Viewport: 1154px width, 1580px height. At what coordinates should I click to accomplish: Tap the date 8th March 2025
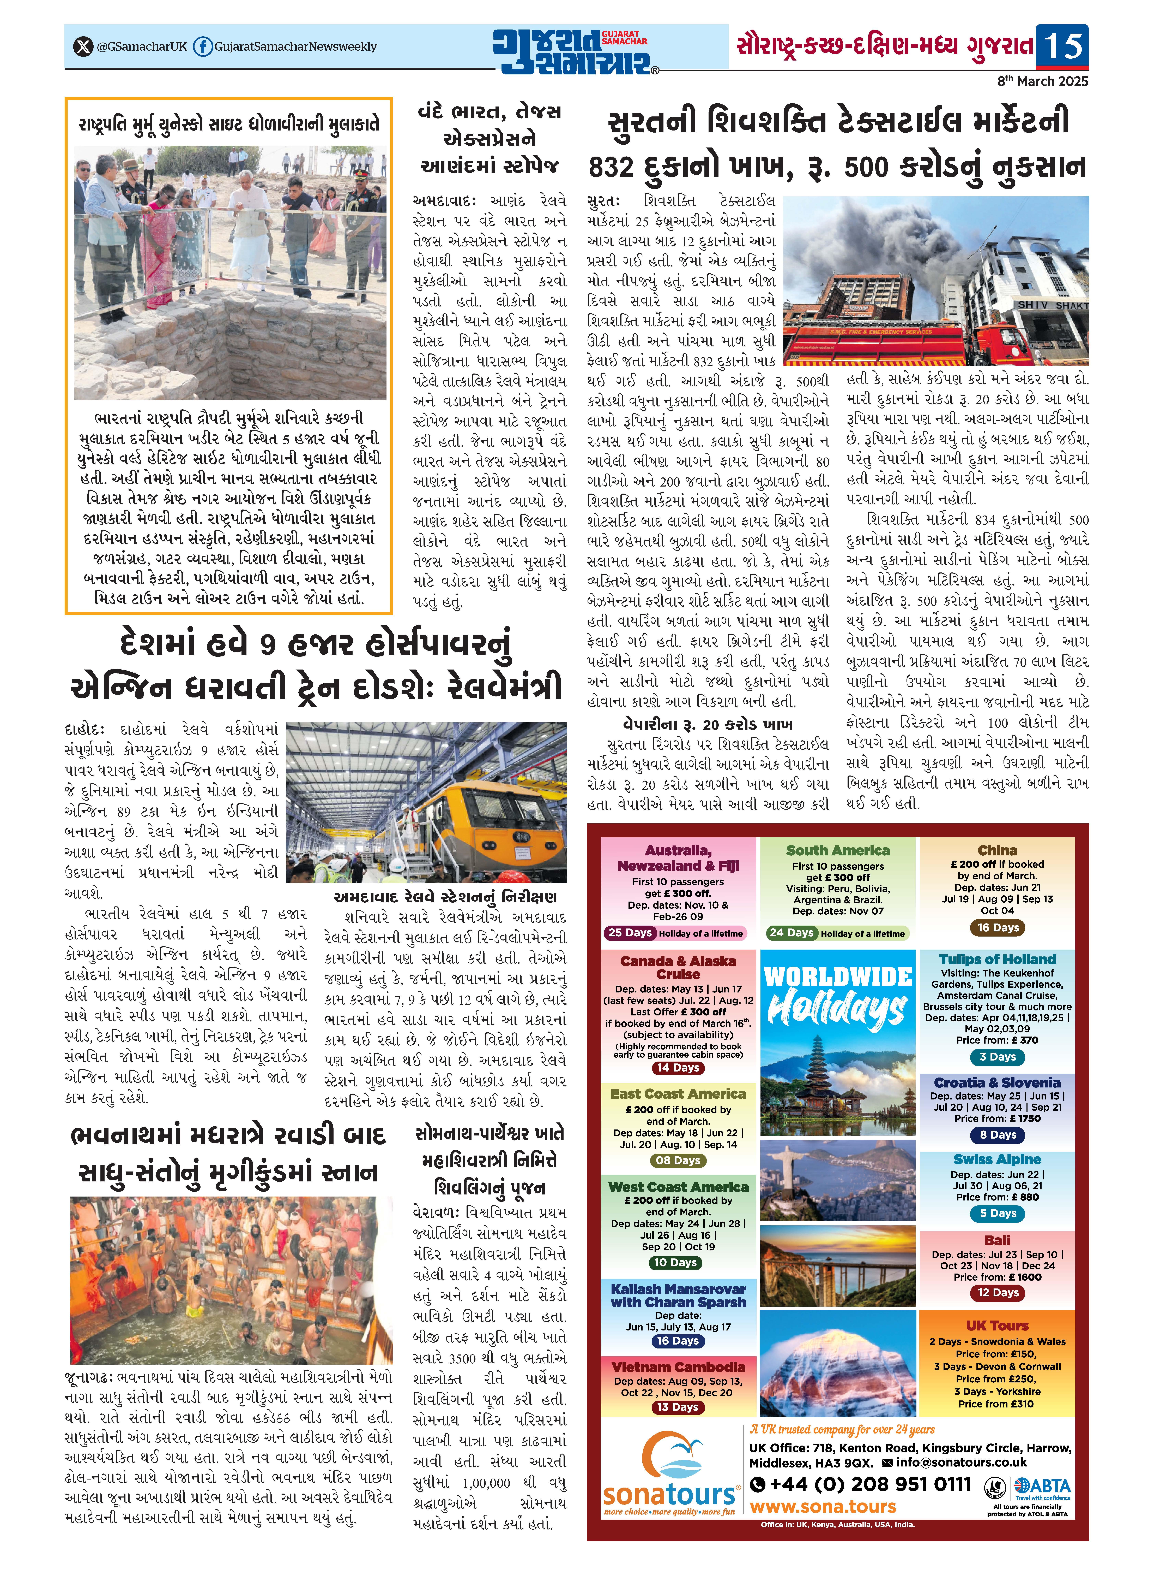pyautogui.click(x=1042, y=81)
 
